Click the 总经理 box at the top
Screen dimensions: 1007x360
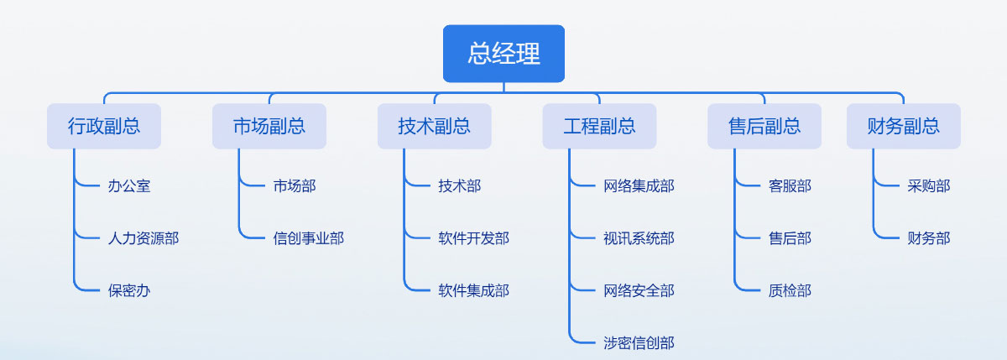point(503,54)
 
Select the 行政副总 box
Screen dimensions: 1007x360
point(104,126)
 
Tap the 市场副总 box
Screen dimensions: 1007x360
point(269,126)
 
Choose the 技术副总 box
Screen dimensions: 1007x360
point(435,126)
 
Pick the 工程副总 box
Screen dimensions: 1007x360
point(599,126)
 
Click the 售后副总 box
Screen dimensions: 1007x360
point(764,126)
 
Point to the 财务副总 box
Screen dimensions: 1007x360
point(904,126)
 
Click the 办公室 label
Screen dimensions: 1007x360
point(129,186)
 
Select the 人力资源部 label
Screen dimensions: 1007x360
point(143,238)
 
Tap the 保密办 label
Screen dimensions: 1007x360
point(129,291)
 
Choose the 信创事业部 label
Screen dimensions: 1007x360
point(309,238)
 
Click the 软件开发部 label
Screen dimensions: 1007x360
point(474,238)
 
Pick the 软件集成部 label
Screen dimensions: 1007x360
point(474,291)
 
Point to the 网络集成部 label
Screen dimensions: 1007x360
point(639,186)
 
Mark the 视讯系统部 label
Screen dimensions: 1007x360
point(639,238)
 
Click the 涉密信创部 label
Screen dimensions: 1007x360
point(639,343)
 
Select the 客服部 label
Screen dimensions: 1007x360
point(790,186)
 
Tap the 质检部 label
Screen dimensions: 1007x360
point(790,291)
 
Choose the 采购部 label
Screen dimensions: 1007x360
point(929,186)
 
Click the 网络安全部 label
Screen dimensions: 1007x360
point(639,291)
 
